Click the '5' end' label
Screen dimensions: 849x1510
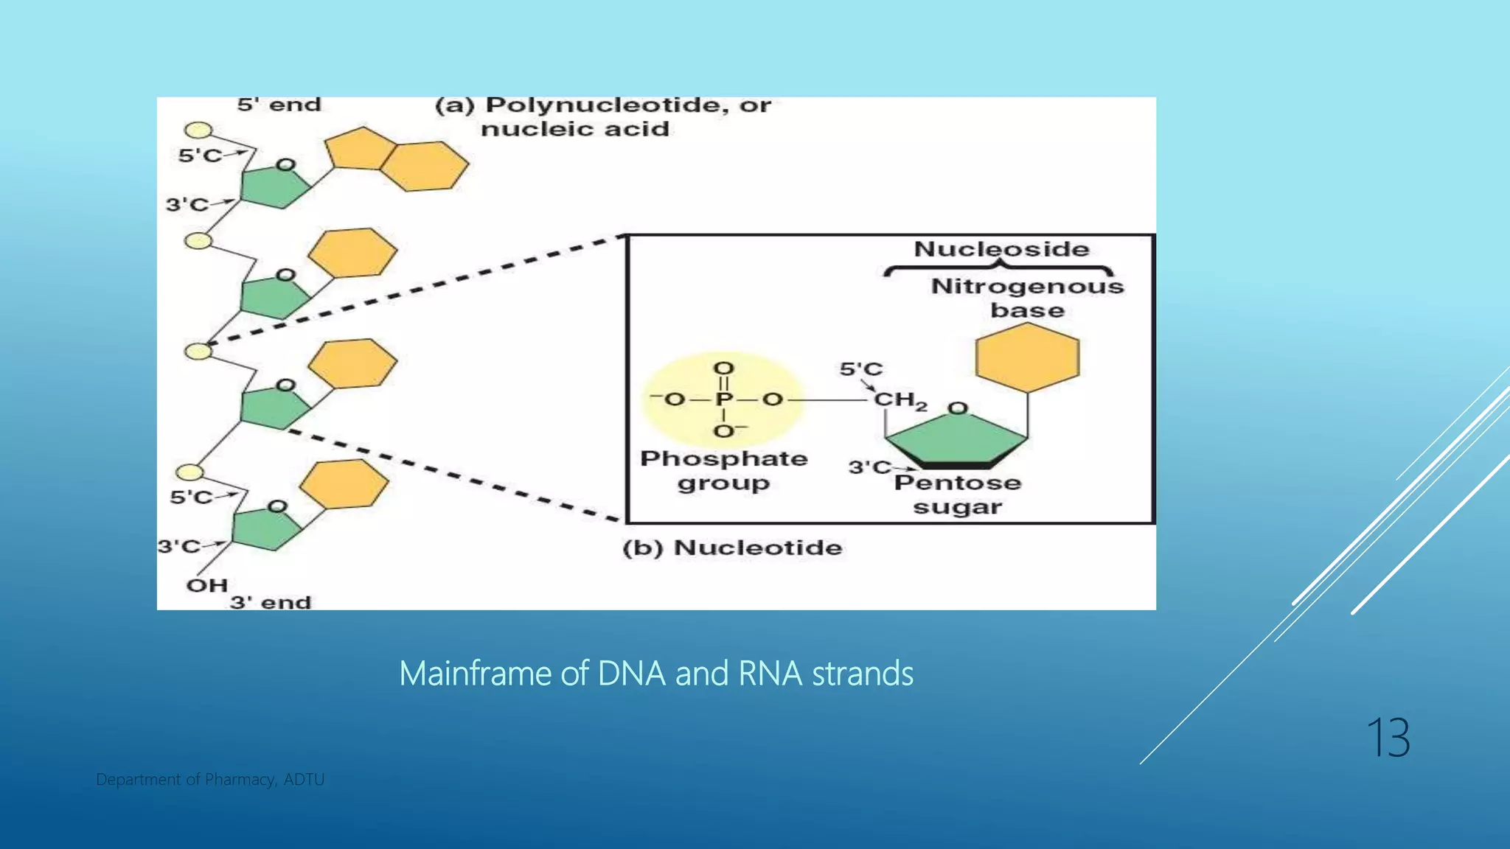tap(279, 105)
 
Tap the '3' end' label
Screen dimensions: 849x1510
tap(271, 602)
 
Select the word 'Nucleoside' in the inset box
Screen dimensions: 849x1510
tap(1001, 249)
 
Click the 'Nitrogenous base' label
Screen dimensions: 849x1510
tap(1027, 298)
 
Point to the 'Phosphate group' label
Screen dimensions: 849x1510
tap(723, 470)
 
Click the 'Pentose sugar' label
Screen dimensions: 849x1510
tap(958, 495)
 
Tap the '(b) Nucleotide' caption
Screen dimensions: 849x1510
tap(732, 548)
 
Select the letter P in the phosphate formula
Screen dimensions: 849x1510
tap(724, 399)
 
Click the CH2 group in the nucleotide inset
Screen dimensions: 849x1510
tap(900, 400)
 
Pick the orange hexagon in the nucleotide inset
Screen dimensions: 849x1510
tap(1027, 357)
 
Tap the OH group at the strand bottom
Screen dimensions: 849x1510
tap(206, 585)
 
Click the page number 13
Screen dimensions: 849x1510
tap(1388, 738)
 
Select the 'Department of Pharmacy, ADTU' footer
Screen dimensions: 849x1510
tap(210, 779)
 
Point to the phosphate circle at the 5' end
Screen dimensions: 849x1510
tap(198, 130)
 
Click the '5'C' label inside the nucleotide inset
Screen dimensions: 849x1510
tap(860, 368)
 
